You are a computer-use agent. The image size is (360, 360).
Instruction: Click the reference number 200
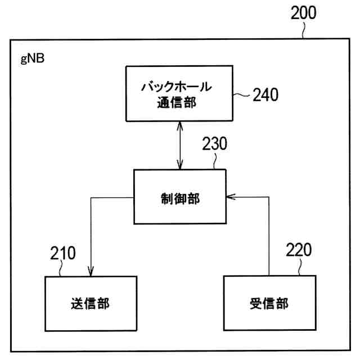tap(304, 14)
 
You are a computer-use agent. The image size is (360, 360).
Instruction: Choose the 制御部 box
tap(179, 197)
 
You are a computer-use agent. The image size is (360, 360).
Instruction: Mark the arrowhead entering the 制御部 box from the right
tap(228, 197)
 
